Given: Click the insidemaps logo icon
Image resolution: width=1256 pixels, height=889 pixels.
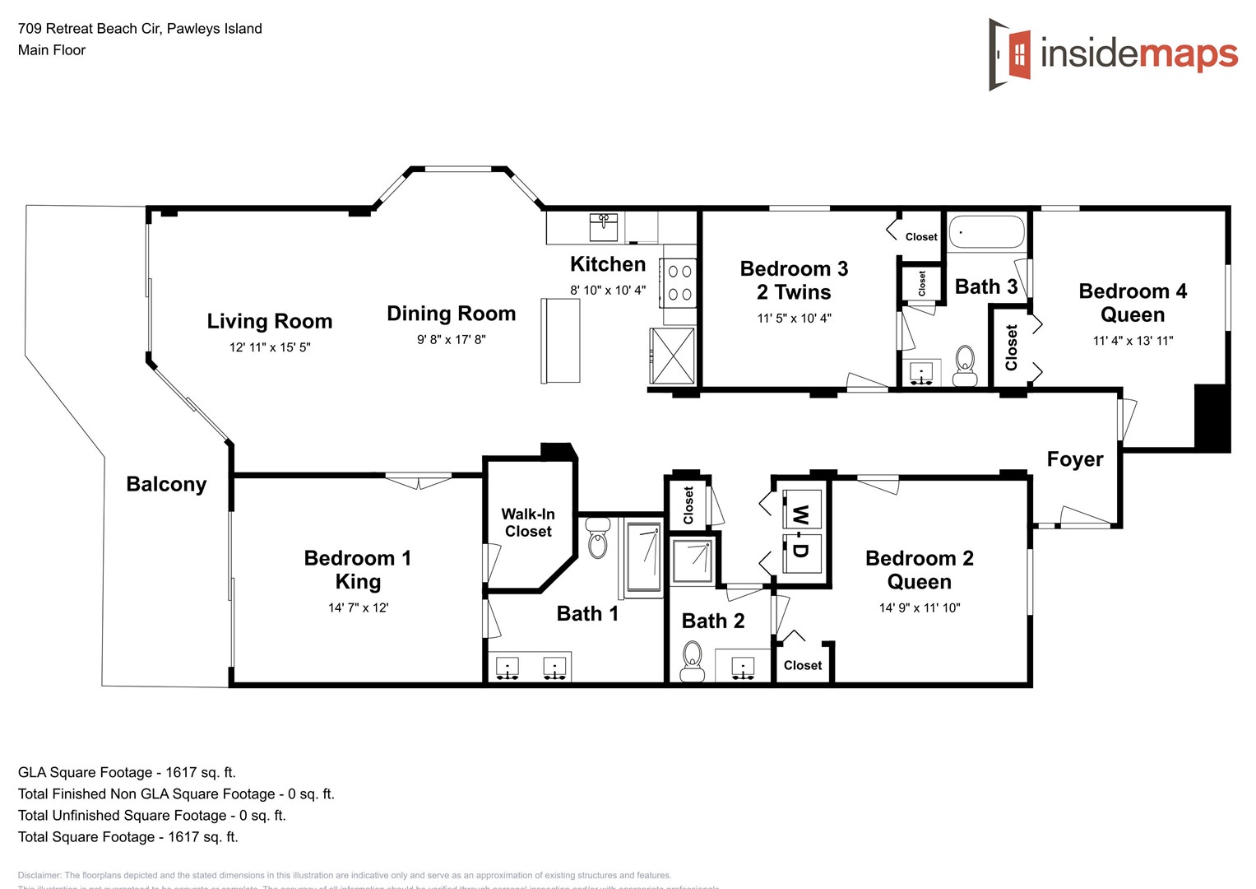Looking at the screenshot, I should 1010,54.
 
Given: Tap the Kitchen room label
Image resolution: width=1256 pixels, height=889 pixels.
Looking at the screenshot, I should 608,264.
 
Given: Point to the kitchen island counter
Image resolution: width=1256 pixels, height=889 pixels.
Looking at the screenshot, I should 560,340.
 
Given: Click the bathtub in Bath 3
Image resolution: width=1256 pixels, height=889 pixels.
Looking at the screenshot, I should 986,232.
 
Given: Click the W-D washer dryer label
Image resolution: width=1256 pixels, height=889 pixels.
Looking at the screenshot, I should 799,532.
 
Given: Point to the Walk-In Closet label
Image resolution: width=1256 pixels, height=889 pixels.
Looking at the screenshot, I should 528,523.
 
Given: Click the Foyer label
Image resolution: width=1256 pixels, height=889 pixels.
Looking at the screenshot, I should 1074,459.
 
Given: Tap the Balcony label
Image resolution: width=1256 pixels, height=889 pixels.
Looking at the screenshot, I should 166,484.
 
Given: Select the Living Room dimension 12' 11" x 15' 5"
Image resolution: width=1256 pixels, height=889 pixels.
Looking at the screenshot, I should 270,347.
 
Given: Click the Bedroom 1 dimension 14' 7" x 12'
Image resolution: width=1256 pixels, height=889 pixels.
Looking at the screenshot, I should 358,608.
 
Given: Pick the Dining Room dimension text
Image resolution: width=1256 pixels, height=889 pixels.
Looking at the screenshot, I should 451,339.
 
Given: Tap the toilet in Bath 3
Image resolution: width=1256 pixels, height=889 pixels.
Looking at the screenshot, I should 964,365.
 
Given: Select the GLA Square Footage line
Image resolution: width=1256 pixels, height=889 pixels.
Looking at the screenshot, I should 127,772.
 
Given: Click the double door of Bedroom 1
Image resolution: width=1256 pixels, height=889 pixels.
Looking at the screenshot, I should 419,479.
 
